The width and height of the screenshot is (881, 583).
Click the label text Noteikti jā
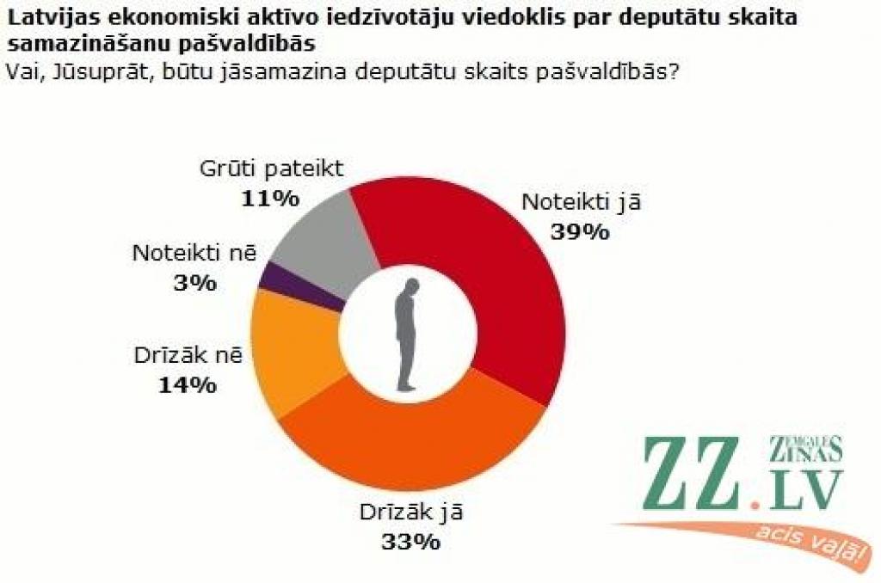(x=582, y=203)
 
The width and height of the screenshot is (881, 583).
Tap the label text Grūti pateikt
(x=271, y=169)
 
